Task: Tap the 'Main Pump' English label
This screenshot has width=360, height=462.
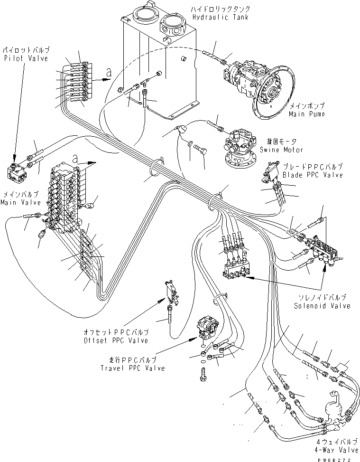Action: [306, 114]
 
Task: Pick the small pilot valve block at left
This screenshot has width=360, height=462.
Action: [18, 170]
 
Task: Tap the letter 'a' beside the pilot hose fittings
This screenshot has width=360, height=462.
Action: [110, 73]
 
